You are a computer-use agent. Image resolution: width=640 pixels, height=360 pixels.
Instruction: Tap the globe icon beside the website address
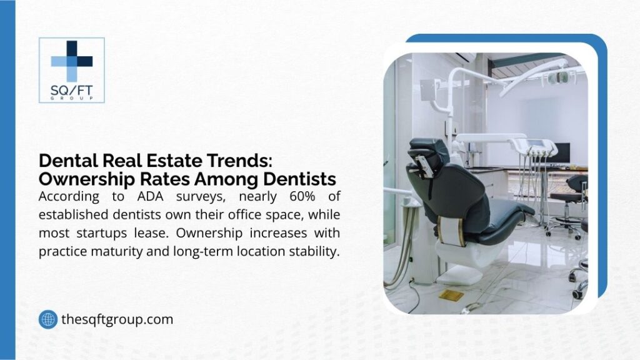click(47, 319)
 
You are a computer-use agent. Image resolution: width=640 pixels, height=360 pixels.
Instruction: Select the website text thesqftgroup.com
click(117, 319)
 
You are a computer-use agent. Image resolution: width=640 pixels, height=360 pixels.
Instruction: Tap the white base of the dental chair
click(459, 252)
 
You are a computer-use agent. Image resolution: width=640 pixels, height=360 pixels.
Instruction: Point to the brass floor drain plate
click(451, 294)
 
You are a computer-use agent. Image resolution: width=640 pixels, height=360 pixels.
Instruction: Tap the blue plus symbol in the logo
click(71, 61)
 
